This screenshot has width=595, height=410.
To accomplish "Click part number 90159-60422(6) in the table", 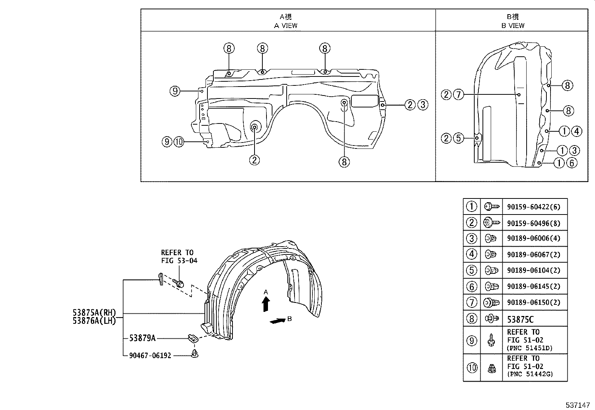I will point(533,207).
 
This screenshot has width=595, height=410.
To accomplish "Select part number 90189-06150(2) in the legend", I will point(533,303).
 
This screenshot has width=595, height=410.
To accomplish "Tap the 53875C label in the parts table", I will point(520,319).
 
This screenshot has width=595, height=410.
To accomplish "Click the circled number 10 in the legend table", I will point(472,367).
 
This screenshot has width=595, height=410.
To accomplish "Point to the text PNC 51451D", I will point(530,348).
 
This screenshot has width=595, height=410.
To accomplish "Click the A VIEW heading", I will point(286,26).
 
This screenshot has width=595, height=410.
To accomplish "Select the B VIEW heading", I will point(513,26).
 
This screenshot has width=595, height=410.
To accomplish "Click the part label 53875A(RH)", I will point(94,313).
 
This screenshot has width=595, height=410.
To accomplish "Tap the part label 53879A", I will point(142,338).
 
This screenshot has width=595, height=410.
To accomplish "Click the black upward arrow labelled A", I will point(266,304).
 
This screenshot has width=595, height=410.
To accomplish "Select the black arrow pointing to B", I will point(277,321).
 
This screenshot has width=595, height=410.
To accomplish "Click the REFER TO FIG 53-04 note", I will point(179,257).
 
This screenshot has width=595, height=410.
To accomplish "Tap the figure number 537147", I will point(577,405).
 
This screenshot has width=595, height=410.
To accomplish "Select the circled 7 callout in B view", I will point(459,95).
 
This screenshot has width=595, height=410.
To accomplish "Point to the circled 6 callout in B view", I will point(571,163).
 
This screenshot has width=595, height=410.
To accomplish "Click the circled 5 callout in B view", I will point(459,138).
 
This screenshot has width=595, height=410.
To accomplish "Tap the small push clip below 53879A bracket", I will point(194,353).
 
